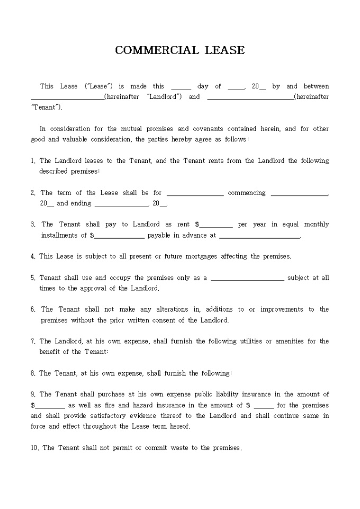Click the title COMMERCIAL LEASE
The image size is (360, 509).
pos(180,50)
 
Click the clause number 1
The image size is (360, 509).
pos(33,161)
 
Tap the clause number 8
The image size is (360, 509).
pos(33,373)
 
